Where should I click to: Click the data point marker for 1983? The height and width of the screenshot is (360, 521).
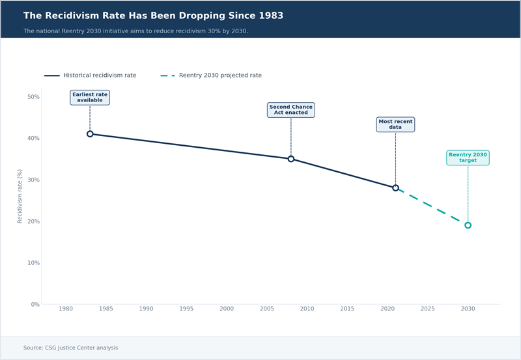90,134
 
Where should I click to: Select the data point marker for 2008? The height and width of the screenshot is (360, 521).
291,159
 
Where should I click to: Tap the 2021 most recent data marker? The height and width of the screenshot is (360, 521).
395,187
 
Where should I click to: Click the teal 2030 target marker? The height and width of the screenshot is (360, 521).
468,225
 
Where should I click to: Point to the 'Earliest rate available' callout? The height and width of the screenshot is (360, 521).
90,98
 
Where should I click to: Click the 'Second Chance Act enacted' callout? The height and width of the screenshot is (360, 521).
291,110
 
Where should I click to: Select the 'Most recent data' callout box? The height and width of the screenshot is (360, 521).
395,124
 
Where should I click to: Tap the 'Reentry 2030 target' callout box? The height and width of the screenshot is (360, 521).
468,158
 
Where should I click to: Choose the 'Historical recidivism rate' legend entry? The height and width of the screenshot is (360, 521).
91,76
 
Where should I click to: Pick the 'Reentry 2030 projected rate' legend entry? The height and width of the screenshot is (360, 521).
211,76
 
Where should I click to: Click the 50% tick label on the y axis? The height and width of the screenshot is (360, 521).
33,97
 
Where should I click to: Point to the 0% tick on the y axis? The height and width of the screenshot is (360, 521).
35,305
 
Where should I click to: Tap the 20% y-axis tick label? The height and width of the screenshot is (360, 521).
33,221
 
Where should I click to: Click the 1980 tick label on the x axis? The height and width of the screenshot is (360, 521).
66,309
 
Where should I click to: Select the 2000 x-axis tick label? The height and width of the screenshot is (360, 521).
227,309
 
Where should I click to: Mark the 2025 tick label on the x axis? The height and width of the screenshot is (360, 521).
427,309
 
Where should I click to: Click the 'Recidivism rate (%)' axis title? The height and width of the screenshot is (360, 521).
20,197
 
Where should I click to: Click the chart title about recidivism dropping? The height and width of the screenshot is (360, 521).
153,16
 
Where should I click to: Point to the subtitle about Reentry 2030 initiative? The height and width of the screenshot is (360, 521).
135,31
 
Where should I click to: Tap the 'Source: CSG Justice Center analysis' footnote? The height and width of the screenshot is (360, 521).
70,348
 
